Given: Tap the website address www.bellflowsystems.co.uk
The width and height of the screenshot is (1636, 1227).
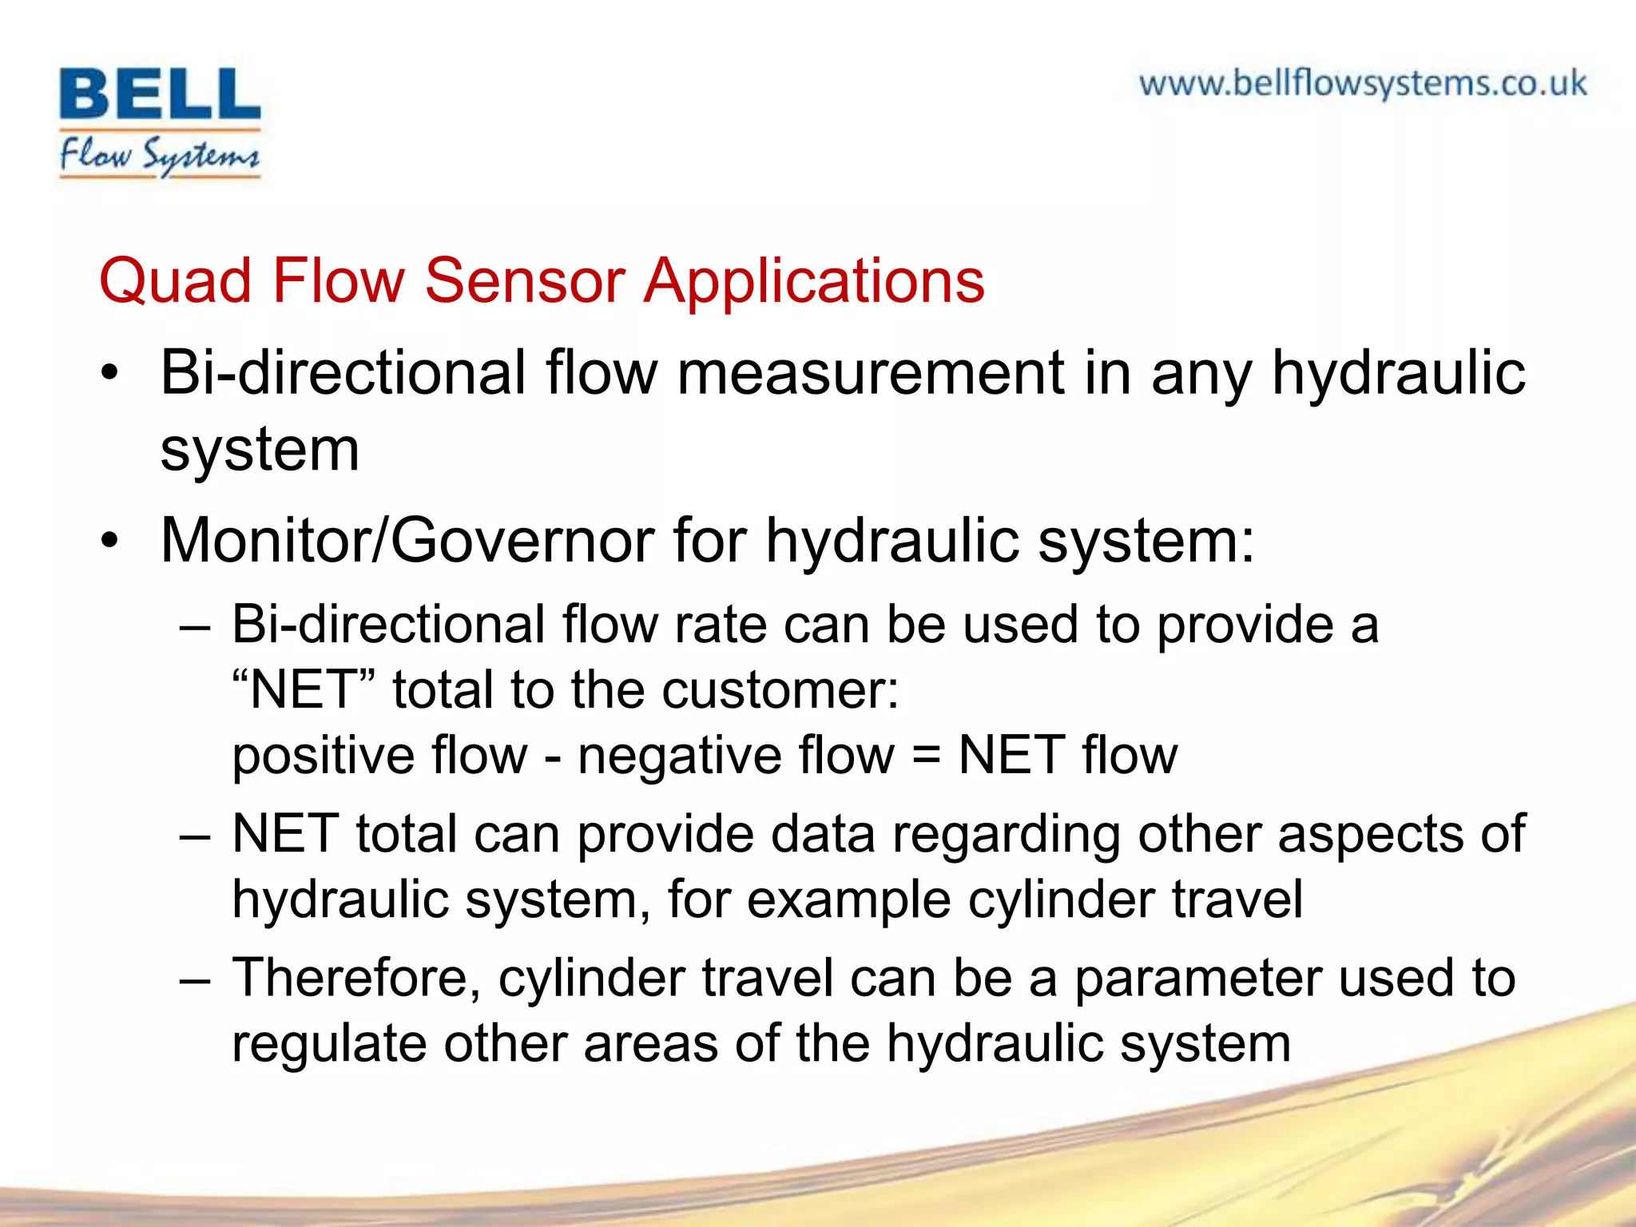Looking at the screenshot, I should (x=1362, y=84).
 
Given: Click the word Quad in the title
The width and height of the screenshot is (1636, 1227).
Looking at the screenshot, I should (x=175, y=281).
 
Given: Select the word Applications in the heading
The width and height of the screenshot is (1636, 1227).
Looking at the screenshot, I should (x=814, y=283).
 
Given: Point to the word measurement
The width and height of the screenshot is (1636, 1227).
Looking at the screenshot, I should (x=871, y=373).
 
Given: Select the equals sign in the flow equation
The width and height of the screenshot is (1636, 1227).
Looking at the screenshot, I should (x=926, y=756).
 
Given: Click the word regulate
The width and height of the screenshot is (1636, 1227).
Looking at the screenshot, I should (x=328, y=1045).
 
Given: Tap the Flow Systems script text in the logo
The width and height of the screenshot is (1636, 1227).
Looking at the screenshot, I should (x=160, y=155).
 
